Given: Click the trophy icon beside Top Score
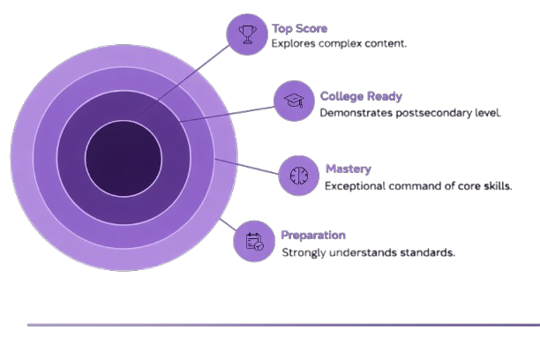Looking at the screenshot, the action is [x=247, y=34].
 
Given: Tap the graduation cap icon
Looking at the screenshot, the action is [x=294, y=101].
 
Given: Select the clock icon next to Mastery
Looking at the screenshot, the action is [x=298, y=175].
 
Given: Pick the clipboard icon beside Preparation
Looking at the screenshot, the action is [x=254, y=241].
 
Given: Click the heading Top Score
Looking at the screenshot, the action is [x=299, y=28].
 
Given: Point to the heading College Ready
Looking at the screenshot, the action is [x=361, y=96].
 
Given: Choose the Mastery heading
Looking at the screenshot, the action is [x=348, y=169].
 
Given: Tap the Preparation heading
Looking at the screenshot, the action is [x=313, y=236].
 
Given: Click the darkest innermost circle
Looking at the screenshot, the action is [x=124, y=159].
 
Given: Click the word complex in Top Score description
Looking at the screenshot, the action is [x=341, y=43].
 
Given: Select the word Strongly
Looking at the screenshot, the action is [x=303, y=252].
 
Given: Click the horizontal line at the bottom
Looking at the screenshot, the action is [x=282, y=325].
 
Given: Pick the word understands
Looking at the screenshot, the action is [x=363, y=252].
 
